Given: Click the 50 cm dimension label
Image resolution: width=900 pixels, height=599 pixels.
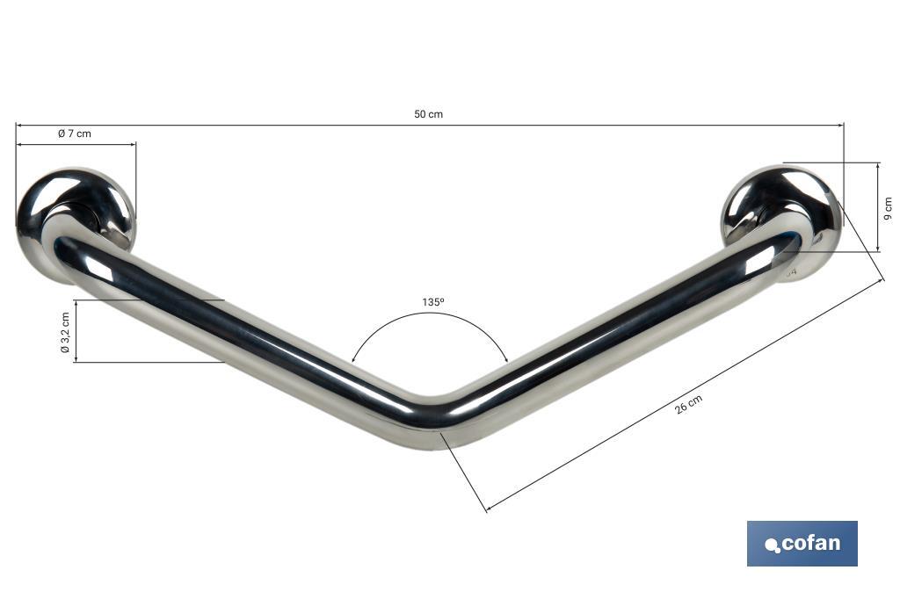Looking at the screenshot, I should point(429,115).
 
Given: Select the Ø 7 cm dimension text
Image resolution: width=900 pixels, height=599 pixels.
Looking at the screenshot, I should point(74,134).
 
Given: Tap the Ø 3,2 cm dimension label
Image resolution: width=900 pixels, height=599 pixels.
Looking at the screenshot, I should point(64,331).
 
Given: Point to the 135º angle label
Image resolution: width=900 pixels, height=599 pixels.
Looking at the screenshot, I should point(432,301).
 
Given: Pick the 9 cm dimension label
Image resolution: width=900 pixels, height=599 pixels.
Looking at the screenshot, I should point(888,207).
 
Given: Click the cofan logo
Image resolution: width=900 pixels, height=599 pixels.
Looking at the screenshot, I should point(802,544).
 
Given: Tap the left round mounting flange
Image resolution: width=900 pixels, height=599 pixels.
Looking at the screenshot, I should point(77,220).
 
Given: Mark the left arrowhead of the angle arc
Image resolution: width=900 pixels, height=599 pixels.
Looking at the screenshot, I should point(353,359).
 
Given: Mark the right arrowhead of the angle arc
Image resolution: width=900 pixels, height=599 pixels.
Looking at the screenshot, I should point(507,359).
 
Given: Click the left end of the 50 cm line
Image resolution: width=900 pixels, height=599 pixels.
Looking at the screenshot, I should point(17,125).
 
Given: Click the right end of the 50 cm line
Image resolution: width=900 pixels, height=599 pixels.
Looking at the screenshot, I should point(843,125).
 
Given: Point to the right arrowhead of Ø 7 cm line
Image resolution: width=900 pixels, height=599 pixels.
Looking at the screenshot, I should point(134,145).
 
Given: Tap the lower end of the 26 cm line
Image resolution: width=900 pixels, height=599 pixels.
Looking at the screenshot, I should point(487,510).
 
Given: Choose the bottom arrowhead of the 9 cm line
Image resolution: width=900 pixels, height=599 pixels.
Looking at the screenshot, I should point(877,250).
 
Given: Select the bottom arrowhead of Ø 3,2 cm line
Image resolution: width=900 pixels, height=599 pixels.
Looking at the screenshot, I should point(76,360).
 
